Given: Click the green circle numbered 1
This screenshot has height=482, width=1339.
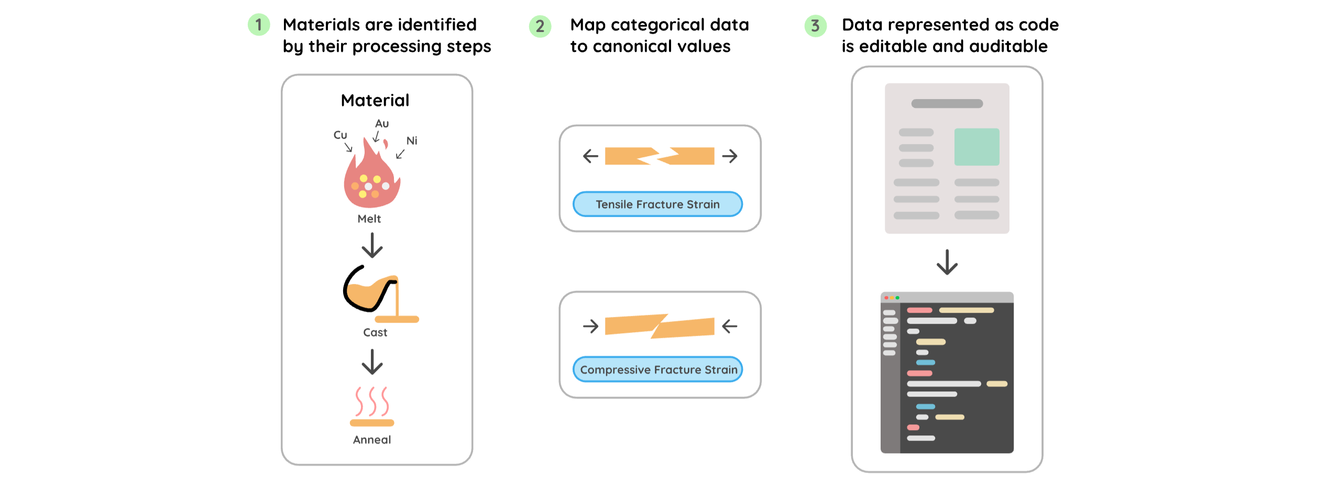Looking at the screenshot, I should coord(258,25).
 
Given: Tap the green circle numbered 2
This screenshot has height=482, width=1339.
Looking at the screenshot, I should coord(540,26).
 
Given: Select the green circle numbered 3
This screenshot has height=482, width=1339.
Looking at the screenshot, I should coord(815,26).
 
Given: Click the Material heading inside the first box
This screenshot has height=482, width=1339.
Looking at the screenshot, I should coord(375,100).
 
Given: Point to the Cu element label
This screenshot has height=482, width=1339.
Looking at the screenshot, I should coord(340,135).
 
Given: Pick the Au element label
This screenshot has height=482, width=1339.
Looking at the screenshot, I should coord(382,124).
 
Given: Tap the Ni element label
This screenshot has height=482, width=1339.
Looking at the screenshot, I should coord(412,140).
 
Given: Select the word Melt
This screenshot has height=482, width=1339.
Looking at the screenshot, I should coord(369,219).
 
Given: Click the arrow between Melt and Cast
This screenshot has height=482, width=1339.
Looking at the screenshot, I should coord(372,245).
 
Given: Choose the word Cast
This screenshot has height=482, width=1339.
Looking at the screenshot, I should coord(375,333).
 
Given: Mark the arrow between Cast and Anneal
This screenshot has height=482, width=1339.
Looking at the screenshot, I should coord(372,361).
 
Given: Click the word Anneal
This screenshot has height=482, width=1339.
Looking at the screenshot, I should coord(372,440).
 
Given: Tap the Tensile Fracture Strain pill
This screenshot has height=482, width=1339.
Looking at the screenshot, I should coord(657,204).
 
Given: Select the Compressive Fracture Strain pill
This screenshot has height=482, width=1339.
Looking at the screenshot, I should coord(658,369).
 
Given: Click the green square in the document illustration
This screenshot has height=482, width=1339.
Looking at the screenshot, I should coord(976,147).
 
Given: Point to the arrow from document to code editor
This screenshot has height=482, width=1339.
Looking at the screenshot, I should coord(947,262).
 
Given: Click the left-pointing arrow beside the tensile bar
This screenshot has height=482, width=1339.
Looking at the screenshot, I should coord(590,156).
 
